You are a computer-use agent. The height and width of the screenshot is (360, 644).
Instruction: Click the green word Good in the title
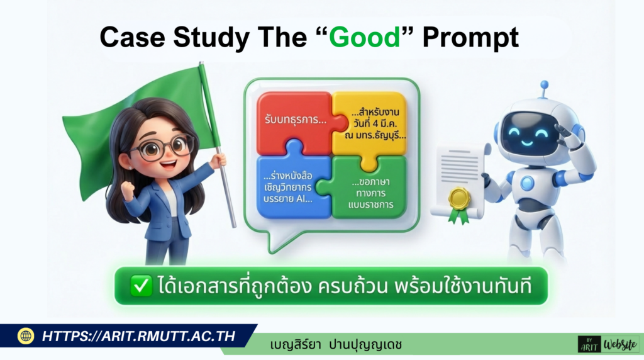coord(365,38)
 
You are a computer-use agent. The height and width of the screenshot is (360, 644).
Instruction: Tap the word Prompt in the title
coord(470,38)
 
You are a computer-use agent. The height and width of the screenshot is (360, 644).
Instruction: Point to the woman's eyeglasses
coord(157,149)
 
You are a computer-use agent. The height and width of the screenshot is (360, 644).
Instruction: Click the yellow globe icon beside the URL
coord(26,336)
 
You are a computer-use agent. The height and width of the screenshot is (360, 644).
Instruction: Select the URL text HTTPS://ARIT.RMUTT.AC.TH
coord(138,336)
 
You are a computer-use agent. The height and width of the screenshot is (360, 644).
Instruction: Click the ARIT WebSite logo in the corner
coord(608,344)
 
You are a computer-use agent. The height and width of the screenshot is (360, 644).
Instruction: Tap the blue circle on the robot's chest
coord(527,183)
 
